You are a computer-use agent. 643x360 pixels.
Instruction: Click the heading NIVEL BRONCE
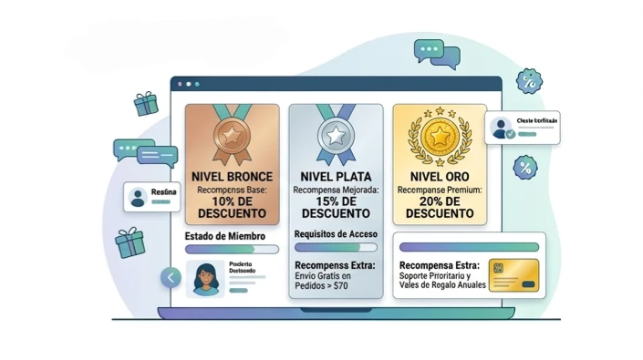click(232, 176)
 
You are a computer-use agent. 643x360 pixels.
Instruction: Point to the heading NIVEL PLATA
click(336, 176)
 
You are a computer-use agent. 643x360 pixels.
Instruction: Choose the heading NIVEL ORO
click(441, 176)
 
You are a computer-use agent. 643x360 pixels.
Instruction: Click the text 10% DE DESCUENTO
click(232, 208)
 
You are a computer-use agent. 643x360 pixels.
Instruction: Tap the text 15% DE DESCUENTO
click(336, 208)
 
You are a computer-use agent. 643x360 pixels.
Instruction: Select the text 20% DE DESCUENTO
click(441, 208)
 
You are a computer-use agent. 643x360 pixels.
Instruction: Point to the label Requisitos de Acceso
click(336, 234)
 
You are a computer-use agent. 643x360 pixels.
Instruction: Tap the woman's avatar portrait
click(205, 277)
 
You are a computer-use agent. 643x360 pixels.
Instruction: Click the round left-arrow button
click(171, 278)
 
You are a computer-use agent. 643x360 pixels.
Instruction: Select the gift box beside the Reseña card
click(131, 242)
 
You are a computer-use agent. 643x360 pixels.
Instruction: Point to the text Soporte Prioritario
click(436, 276)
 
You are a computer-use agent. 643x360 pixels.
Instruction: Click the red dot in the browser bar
click(180, 84)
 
